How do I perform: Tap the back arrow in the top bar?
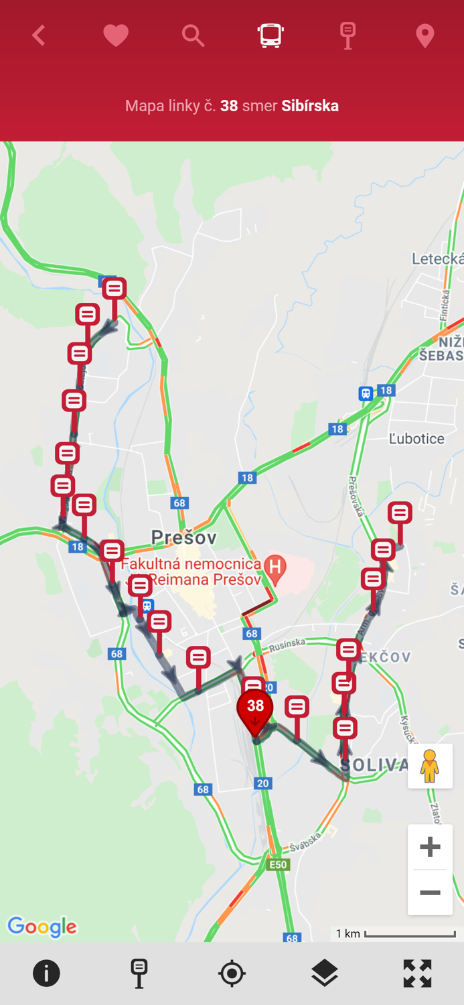pos(39,36)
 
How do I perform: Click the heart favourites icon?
pos(116,36)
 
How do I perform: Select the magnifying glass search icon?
pos(193,36)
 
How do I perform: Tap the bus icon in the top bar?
pos(270,36)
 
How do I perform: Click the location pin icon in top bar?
pos(424,36)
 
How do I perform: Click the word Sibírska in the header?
pos(310,106)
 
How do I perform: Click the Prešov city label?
pos(184,537)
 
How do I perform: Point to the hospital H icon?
pos(275,567)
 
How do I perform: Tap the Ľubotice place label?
pos(416,439)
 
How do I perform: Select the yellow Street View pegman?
pos(430,766)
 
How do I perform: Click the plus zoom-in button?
pos(430,847)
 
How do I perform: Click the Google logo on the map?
pos(42,927)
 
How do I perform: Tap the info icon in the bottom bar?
pos(46,974)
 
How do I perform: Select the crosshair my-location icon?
pos(232,974)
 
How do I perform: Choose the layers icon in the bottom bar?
pos(325,974)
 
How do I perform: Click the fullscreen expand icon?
pos(417,974)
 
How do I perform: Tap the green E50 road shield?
pos(278,865)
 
